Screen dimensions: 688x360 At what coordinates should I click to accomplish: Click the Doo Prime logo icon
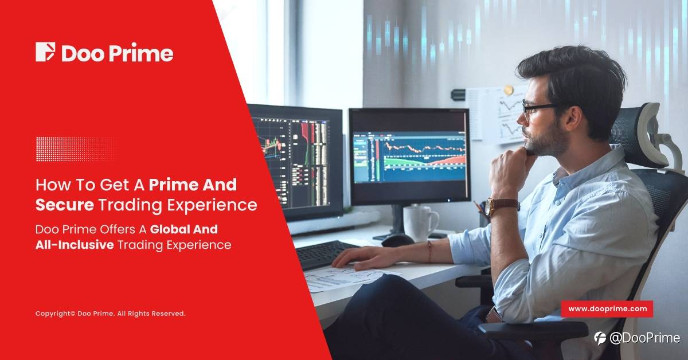tap(45, 52)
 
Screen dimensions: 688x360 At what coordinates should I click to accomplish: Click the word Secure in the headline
tap(65, 205)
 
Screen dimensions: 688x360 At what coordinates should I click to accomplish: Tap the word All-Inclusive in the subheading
tap(75, 245)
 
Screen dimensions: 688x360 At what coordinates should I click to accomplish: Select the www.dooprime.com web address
tap(608, 309)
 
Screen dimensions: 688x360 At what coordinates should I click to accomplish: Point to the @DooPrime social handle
tap(644, 338)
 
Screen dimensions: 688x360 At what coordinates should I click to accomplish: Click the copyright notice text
tap(110, 314)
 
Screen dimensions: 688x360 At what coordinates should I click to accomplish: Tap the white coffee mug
tap(420, 224)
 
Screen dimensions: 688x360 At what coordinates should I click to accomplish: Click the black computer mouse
tap(397, 240)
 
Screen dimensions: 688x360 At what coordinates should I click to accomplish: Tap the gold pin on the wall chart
tap(509, 90)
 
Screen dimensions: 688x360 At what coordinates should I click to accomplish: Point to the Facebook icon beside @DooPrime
tap(600, 338)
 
